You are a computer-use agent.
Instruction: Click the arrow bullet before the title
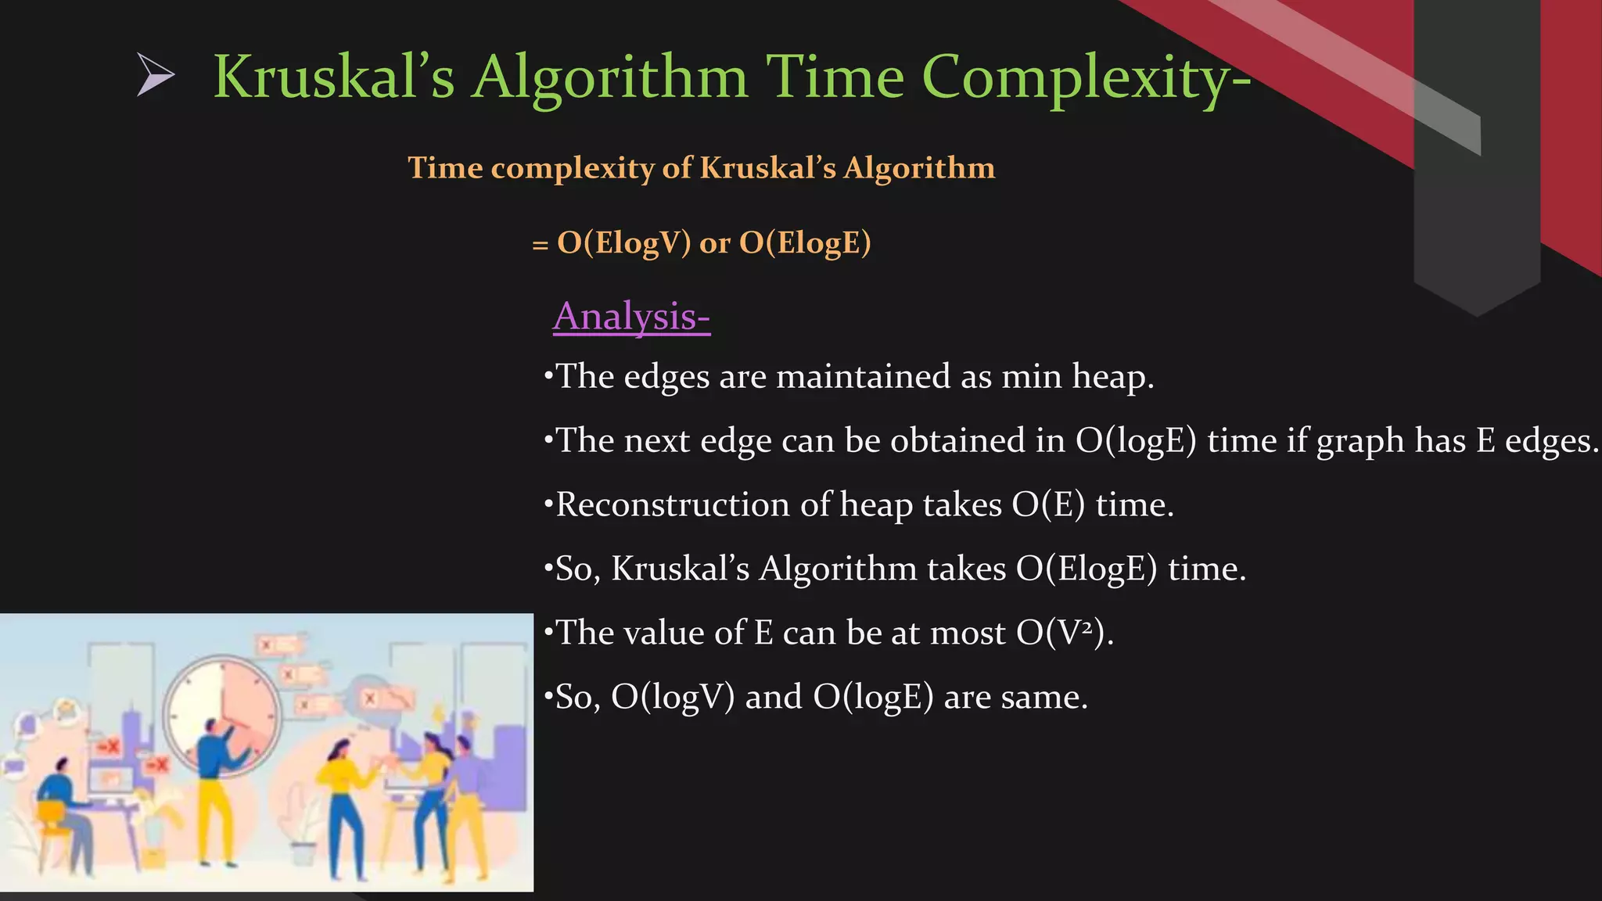click(x=155, y=75)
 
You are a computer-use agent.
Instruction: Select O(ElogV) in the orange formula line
click(x=623, y=242)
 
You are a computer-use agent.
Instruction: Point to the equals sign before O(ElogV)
click(x=540, y=245)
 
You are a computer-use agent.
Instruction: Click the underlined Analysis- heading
click(x=631, y=317)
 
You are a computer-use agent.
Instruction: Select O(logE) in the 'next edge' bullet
click(x=1136, y=441)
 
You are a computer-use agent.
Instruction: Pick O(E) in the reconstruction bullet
click(x=1048, y=505)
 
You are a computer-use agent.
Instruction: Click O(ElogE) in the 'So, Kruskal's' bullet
click(x=1086, y=569)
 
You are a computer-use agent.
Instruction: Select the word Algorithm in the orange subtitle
click(x=919, y=168)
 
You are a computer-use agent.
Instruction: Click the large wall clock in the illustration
click(x=222, y=710)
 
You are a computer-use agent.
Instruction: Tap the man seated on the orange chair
click(x=59, y=806)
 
